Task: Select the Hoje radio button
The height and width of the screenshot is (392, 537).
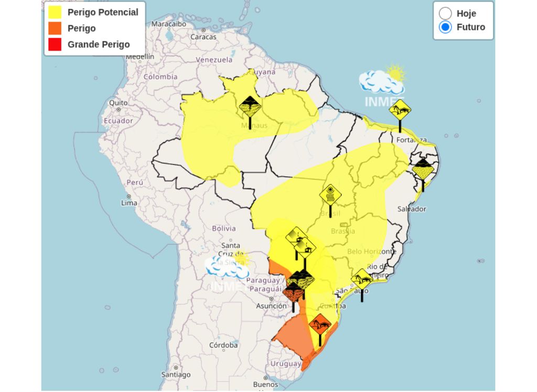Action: [x=445, y=13]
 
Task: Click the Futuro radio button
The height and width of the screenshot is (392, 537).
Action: [x=445, y=27]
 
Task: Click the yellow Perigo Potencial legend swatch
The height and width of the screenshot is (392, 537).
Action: [x=55, y=12]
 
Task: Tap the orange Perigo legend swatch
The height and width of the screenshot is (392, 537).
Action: [x=55, y=28]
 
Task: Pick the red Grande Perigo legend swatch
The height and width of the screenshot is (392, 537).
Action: [x=55, y=45]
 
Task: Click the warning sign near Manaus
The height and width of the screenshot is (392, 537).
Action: [x=250, y=107]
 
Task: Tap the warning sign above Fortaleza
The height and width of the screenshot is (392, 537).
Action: [x=400, y=111]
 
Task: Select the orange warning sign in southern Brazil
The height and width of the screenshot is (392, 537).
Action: [x=320, y=325]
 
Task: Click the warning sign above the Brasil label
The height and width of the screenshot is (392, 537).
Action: [x=330, y=195]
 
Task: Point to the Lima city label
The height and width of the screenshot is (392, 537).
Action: [x=129, y=203]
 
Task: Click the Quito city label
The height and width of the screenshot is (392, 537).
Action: [x=118, y=103]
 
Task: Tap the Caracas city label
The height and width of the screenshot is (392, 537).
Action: [x=203, y=37]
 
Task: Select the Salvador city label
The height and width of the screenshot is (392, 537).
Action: [x=412, y=209]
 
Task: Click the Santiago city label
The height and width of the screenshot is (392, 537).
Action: [x=176, y=375]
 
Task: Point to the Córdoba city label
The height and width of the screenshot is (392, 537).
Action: [x=223, y=345]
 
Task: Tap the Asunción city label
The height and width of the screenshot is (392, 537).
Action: [x=272, y=306]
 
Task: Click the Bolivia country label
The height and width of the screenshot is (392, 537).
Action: [x=224, y=228]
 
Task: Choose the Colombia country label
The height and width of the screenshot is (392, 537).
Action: [x=160, y=77]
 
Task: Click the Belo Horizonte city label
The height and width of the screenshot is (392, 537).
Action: [x=371, y=252]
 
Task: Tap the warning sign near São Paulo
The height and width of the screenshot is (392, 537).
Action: [x=362, y=279]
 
